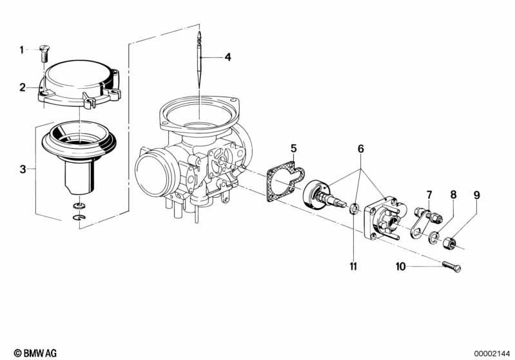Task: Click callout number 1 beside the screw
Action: click(22, 50)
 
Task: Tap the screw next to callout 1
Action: click(43, 53)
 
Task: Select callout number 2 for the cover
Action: click(23, 88)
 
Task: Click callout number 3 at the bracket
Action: click(23, 169)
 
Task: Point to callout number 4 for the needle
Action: click(228, 57)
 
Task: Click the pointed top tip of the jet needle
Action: click(199, 32)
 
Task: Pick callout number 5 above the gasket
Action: click(294, 148)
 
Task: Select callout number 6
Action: click(361, 149)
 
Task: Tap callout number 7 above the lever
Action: click(429, 195)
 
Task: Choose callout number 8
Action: click(453, 195)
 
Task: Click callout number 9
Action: click(476, 195)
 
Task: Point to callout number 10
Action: click(400, 267)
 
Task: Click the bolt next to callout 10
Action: click(452, 267)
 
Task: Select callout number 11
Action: click(353, 266)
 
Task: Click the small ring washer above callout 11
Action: click(354, 209)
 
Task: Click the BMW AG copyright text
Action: click(35, 353)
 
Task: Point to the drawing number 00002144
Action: click(492, 354)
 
